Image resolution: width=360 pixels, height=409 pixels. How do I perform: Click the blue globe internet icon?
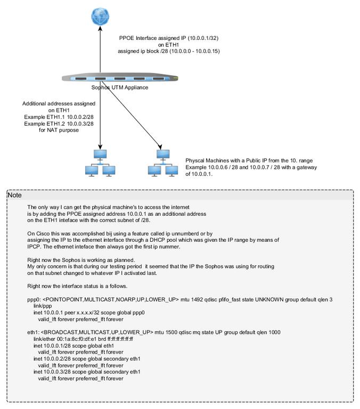(100, 17)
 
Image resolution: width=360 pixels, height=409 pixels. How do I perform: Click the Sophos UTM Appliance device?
(120, 78)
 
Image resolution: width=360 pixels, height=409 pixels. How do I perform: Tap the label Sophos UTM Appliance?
(120, 87)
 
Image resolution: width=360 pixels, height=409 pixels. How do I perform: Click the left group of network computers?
(100, 163)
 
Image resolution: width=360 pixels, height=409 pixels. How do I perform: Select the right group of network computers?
(163, 163)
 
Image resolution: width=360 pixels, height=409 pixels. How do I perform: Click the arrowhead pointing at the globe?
(100, 28)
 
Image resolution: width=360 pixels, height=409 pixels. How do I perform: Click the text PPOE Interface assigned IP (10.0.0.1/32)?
(169, 38)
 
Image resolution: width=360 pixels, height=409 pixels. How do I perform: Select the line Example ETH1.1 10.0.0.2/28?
(59, 117)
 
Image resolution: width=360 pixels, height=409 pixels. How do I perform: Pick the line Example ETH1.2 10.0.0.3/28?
(59, 124)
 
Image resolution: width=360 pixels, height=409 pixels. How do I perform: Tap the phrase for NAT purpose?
(59, 130)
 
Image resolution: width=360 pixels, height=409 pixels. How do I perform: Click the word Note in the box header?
(14, 195)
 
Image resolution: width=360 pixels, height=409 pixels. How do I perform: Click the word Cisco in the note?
(42, 233)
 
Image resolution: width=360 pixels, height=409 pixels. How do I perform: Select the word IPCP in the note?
(34, 247)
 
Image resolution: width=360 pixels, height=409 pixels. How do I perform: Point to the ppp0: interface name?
(34, 299)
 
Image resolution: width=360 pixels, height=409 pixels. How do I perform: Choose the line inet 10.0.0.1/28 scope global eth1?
(73, 346)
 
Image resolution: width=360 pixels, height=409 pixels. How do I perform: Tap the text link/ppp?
(43, 306)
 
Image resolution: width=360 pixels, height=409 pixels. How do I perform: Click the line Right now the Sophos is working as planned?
(81, 260)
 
